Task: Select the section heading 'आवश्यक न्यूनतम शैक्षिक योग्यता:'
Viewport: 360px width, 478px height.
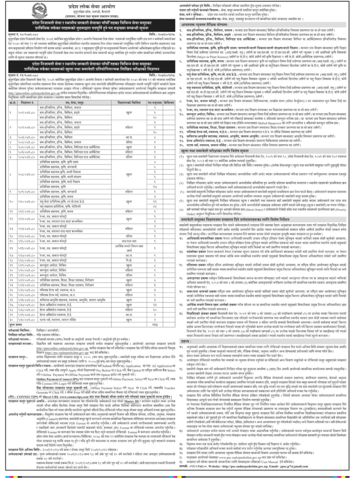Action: (x=216, y=25)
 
